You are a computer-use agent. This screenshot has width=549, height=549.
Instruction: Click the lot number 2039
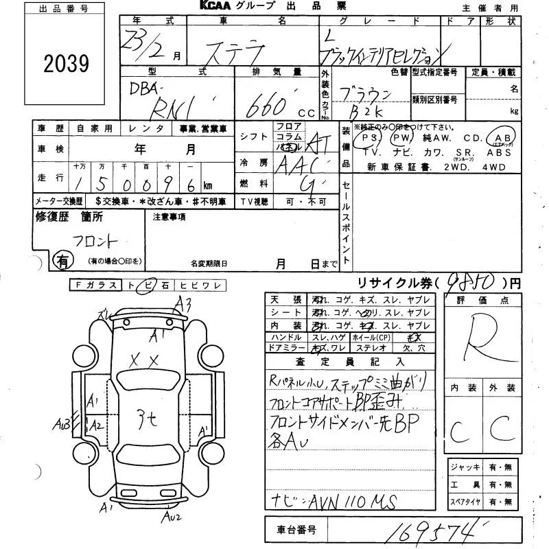(67, 64)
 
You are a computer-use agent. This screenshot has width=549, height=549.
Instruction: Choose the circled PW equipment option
(400, 139)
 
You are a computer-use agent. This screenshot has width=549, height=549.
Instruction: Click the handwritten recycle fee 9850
(469, 281)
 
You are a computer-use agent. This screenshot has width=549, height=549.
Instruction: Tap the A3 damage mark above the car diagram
(183, 302)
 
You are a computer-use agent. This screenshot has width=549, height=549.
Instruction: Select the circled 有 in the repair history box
(62, 260)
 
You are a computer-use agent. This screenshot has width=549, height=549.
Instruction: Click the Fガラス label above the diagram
(95, 286)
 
